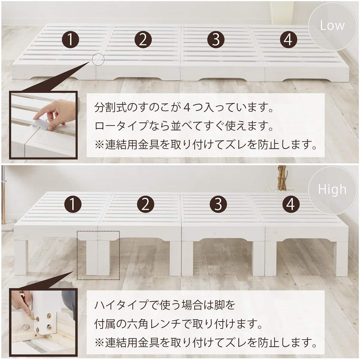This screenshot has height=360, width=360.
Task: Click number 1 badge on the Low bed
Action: click(x=70, y=39)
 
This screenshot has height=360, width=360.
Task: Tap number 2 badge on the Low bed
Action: click(x=143, y=39)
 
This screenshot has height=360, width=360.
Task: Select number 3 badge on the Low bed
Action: click(x=216, y=39)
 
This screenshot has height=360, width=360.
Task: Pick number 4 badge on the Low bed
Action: click(x=288, y=39)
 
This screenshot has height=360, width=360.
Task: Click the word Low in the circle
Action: click(x=332, y=25)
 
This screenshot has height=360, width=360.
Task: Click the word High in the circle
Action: click(x=332, y=190)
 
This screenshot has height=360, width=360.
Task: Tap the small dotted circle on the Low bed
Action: click(x=98, y=60)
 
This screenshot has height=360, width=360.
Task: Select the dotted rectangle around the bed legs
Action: click(x=98, y=255)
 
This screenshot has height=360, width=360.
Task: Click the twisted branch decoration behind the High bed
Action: click(x=281, y=178)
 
